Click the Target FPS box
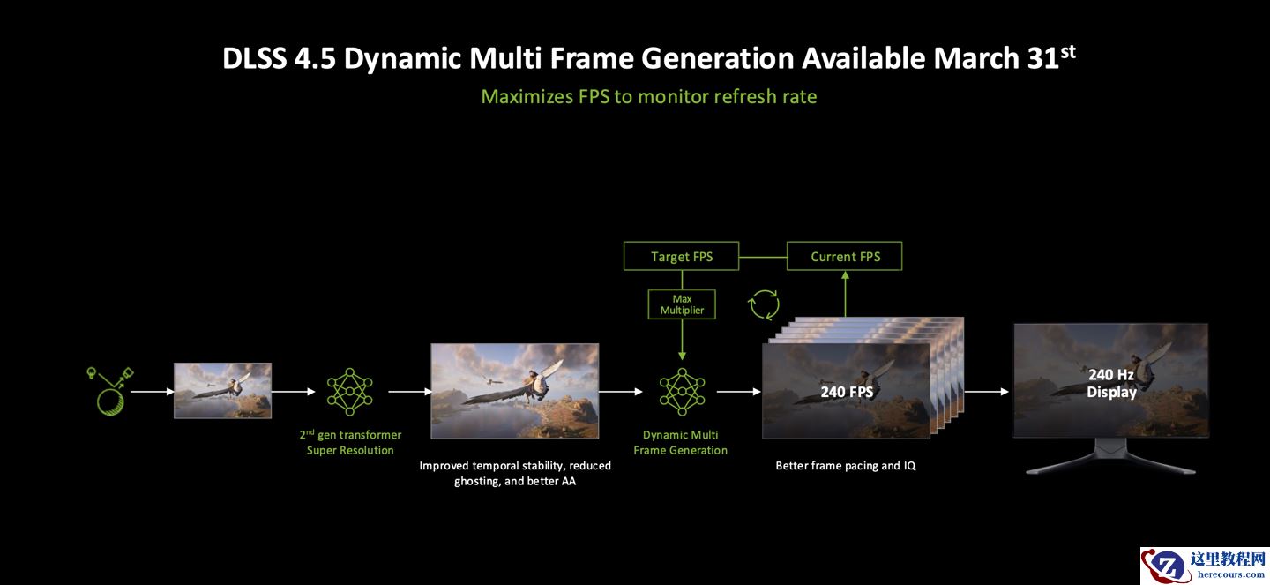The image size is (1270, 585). coord(681,256)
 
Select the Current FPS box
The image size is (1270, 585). coord(844,256)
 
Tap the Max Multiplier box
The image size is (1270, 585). coord(682,304)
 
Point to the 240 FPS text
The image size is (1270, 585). coord(847,392)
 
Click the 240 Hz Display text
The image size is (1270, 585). coord(1111,383)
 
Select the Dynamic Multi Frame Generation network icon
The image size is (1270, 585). coord(682,392)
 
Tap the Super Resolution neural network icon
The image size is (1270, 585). coord(350,392)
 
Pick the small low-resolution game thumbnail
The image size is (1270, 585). coord(222,390)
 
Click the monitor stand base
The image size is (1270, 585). coord(1110,463)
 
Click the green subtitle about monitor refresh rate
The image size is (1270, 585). coord(648,96)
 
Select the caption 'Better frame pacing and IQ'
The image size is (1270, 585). coord(845,466)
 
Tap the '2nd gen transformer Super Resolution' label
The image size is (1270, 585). coord(350,442)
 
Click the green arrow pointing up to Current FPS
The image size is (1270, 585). coord(845,294)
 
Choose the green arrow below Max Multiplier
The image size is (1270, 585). coord(682,340)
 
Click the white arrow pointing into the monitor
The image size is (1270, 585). coord(987,392)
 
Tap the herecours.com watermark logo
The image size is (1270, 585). coord(1205,565)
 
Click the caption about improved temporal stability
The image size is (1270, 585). coord(515,473)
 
